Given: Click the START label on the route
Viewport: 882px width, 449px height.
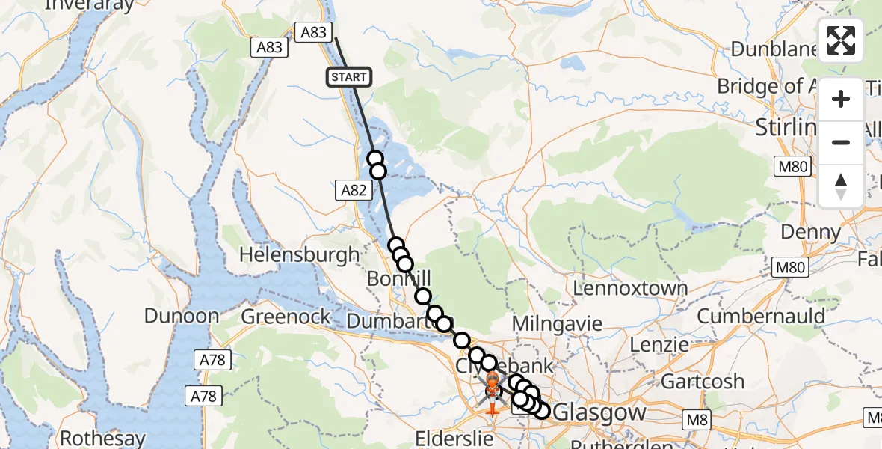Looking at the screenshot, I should tap(348, 76).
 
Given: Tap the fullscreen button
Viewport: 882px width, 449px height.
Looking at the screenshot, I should tap(841, 40).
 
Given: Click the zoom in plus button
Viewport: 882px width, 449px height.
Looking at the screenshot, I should tap(841, 99).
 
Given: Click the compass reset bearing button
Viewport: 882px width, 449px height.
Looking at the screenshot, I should tap(841, 186).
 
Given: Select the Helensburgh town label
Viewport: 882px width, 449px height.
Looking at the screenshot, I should tap(299, 254).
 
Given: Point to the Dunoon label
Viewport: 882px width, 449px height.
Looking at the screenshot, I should tap(182, 316).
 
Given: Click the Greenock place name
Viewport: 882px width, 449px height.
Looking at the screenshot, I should tap(286, 317).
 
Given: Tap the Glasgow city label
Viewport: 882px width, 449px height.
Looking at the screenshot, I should tap(599, 412).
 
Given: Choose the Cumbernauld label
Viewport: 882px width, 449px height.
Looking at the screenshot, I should tap(761, 316).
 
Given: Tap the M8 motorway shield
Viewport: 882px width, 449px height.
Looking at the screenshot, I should tap(697, 419).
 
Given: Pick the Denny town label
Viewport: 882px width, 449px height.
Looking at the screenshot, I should tap(809, 232).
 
